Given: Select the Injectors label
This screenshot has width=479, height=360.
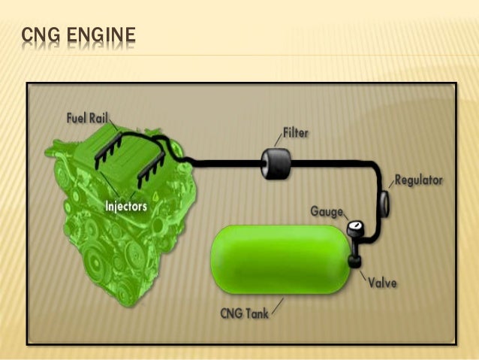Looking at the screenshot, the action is [125, 204].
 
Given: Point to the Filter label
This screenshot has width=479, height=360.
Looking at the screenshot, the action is [297, 134].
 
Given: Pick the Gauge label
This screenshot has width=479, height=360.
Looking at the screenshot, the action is [327, 211].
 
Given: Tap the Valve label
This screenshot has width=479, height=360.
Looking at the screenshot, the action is [383, 283].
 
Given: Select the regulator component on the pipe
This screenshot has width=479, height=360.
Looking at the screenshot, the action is [383, 201].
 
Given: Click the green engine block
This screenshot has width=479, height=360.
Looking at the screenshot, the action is [105, 225].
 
